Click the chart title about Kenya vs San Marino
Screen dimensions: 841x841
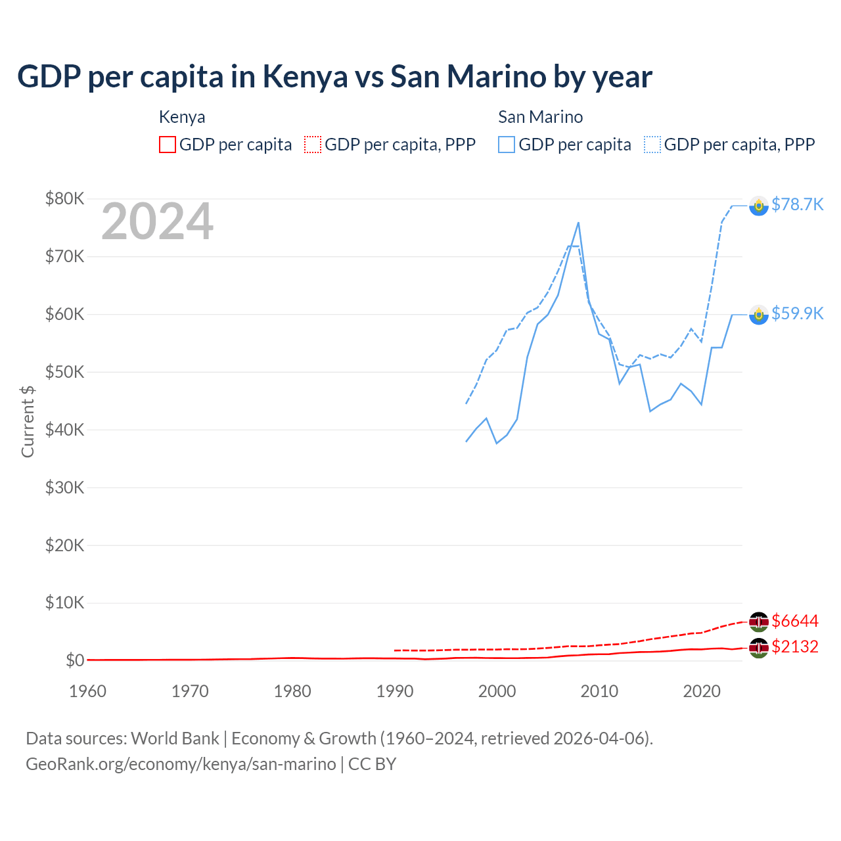[x=334, y=76]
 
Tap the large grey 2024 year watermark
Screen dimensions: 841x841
[x=157, y=221]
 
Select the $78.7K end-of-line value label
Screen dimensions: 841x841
[x=797, y=204]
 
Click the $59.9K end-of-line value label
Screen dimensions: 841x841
[x=797, y=313]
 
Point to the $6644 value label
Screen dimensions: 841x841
[x=795, y=621]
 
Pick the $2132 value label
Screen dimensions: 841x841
[x=795, y=647]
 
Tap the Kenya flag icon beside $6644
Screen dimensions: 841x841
[x=759, y=622]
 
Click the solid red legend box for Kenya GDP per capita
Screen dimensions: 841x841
[x=168, y=145]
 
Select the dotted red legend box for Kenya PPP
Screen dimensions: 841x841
[x=313, y=145]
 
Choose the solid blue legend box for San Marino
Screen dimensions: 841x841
[x=507, y=145]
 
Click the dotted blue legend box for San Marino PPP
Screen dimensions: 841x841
[x=652, y=145]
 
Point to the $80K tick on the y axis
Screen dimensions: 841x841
[x=65, y=198]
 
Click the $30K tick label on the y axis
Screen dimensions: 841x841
[x=65, y=488]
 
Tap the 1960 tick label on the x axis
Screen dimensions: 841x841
[x=87, y=691]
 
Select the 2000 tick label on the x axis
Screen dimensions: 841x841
[x=497, y=691]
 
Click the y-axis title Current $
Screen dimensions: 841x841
[x=28, y=421]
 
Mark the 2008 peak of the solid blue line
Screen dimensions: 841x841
[x=578, y=223]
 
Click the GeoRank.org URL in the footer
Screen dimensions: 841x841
[x=181, y=764]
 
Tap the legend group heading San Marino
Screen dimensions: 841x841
[x=540, y=117]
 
